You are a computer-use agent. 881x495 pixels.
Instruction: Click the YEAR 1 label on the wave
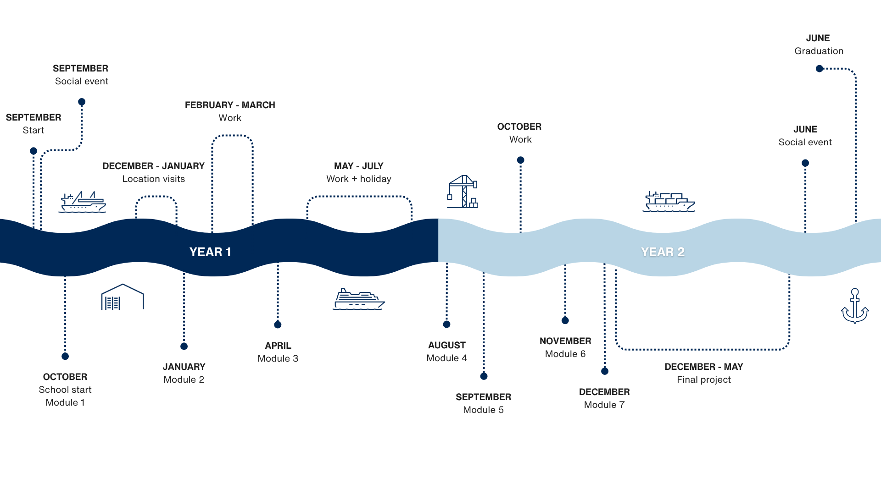[210, 252]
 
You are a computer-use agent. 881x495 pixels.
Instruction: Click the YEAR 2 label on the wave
[663, 252]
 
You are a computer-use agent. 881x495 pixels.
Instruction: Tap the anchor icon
[855, 306]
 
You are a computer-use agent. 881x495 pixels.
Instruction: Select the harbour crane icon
[463, 192]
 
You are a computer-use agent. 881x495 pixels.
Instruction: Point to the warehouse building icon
[123, 297]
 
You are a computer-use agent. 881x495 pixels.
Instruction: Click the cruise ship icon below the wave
[358, 300]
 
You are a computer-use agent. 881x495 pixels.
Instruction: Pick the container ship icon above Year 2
[669, 202]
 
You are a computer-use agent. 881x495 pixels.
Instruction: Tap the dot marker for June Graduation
[820, 69]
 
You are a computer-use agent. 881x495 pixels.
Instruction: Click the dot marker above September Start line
[33, 151]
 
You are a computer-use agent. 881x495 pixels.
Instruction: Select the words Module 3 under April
[278, 358]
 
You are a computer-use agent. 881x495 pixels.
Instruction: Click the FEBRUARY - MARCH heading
[230, 105]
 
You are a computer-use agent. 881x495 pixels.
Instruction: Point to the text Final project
[704, 379]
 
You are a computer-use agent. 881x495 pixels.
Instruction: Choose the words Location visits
[154, 179]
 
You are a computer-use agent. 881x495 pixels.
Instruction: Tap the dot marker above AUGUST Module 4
[447, 324]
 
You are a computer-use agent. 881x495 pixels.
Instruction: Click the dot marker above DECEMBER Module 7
[605, 371]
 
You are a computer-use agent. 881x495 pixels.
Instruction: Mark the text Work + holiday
[359, 179]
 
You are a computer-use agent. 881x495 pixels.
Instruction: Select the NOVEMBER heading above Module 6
[565, 341]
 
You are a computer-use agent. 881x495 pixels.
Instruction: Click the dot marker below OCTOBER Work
[520, 160]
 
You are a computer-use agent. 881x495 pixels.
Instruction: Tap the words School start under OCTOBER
[65, 390]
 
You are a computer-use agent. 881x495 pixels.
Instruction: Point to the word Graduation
[819, 51]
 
